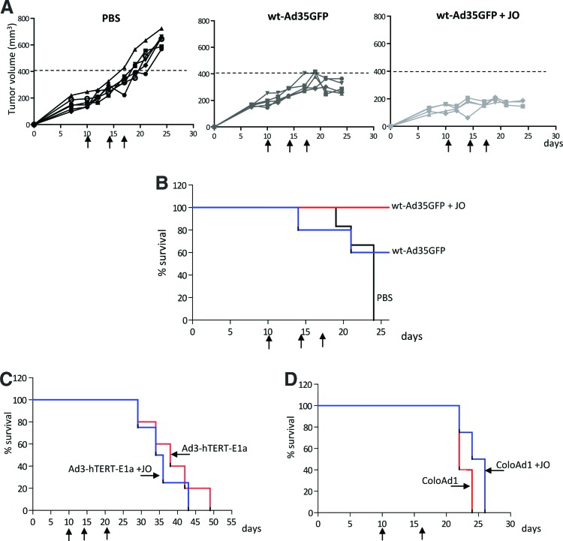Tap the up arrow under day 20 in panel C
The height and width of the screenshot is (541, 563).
107,533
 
